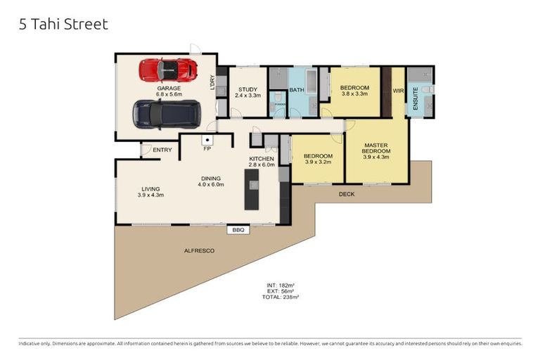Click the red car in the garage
[167, 70]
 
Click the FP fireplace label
[207, 150]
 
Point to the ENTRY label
[162, 150]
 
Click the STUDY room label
[247, 89]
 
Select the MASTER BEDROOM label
[375, 148]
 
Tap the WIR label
[398, 90]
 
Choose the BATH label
[296, 90]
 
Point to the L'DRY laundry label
[212, 82]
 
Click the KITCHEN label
[261, 160]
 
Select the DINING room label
[210, 178]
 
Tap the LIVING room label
[150, 188]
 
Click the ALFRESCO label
[198, 251]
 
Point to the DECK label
[347, 194]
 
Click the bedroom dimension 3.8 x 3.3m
[355, 94]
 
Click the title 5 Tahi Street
[63, 25]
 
